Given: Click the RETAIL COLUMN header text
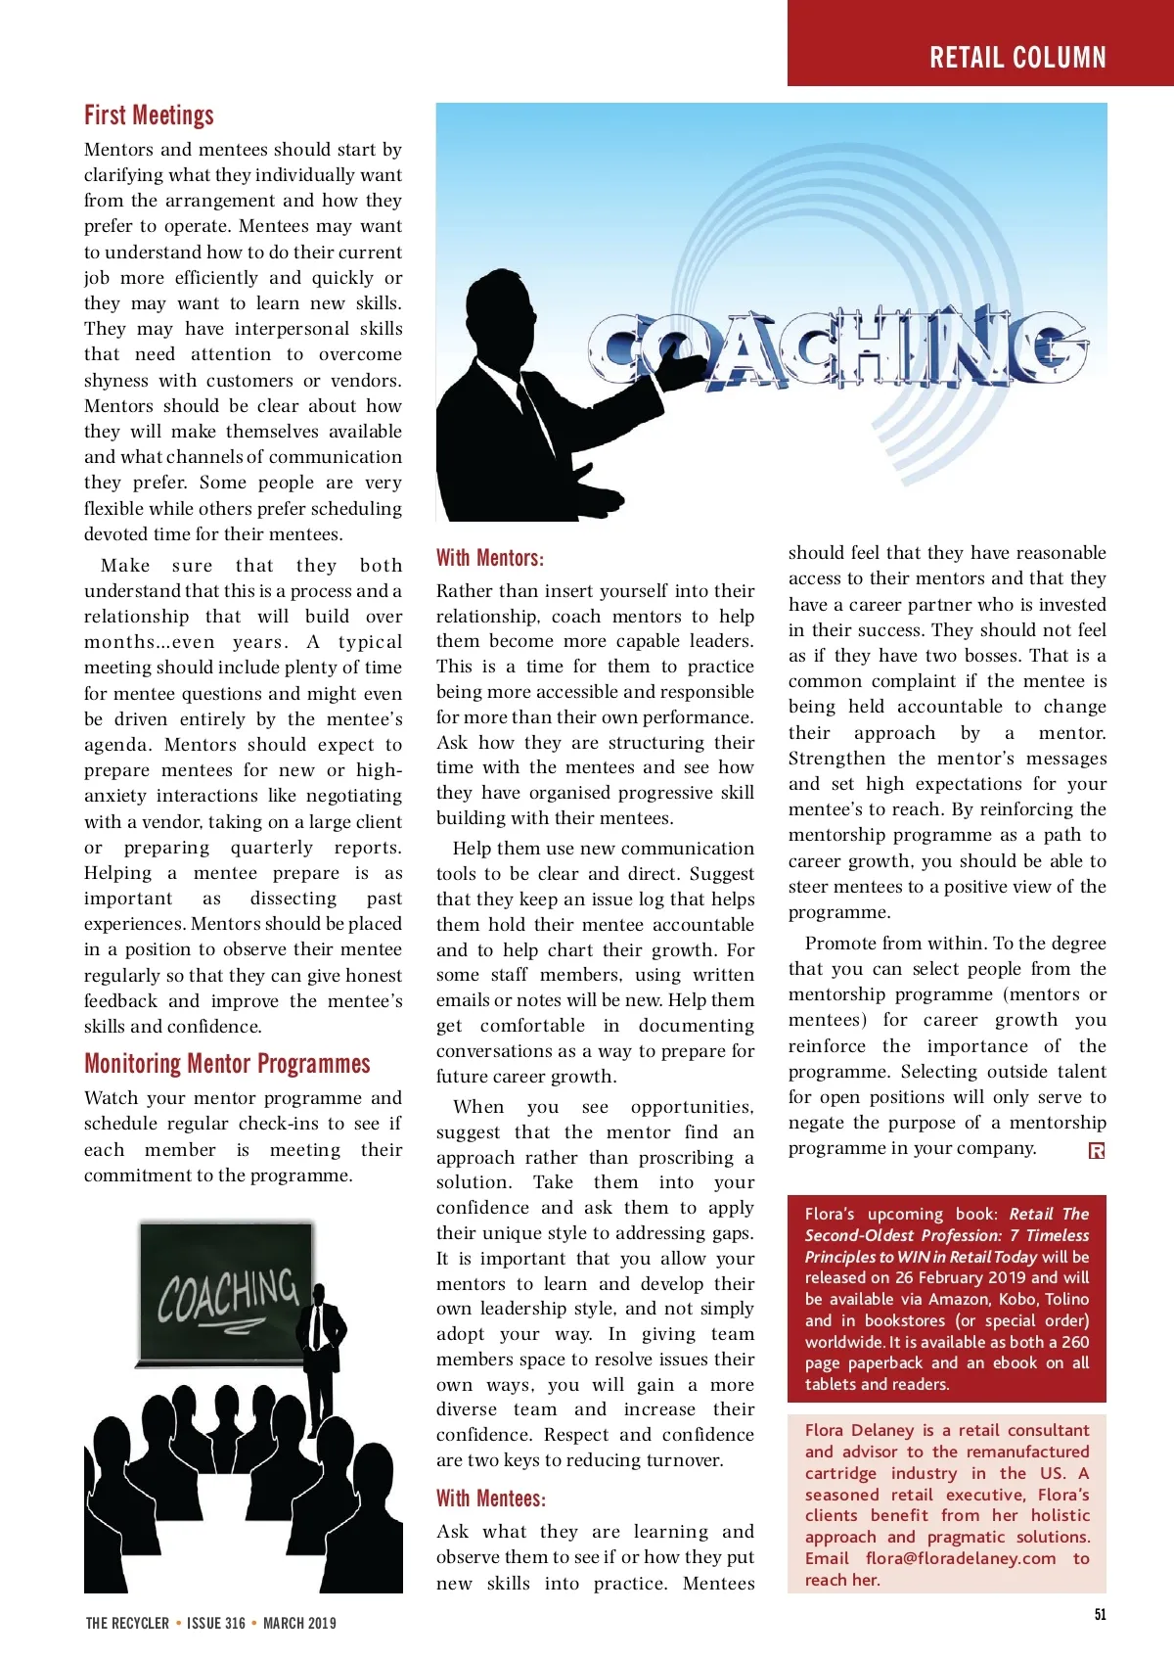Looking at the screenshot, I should pyautogui.click(x=1017, y=58).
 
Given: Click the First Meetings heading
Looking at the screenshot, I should pyautogui.click(x=149, y=115).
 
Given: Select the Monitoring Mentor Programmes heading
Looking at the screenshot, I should pyautogui.click(x=227, y=1064).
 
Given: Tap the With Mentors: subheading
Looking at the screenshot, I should pyautogui.click(x=489, y=558).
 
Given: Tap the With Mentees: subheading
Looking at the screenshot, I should pyautogui.click(x=490, y=1499).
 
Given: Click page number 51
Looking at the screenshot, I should pyautogui.click(x=1101, y=1614).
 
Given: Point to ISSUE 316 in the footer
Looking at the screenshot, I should pyautogui.click(x=216, y=1623).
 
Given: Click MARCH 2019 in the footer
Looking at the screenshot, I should pyautogui.click(x=299, y=1623).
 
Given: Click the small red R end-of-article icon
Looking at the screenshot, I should pyautogui.click(x=1097, y=1151).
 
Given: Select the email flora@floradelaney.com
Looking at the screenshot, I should pyautogui.click(x=961, y=1558).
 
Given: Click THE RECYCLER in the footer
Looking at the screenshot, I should pyautogui.click(x=127, y=1623).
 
